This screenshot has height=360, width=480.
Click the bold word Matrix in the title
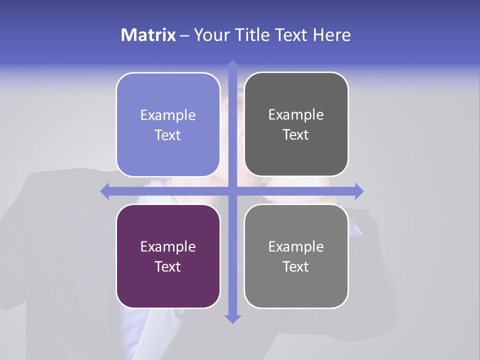148,35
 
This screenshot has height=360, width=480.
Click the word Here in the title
331,35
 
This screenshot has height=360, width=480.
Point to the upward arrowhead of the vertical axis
232,65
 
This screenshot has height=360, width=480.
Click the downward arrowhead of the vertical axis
232,318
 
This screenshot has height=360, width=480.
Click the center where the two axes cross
232,191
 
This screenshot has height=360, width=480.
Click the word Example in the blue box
168,115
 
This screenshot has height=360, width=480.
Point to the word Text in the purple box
168,266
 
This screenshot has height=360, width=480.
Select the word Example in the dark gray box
296,115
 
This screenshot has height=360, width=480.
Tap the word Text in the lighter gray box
296,266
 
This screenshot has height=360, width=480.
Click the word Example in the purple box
168,247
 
